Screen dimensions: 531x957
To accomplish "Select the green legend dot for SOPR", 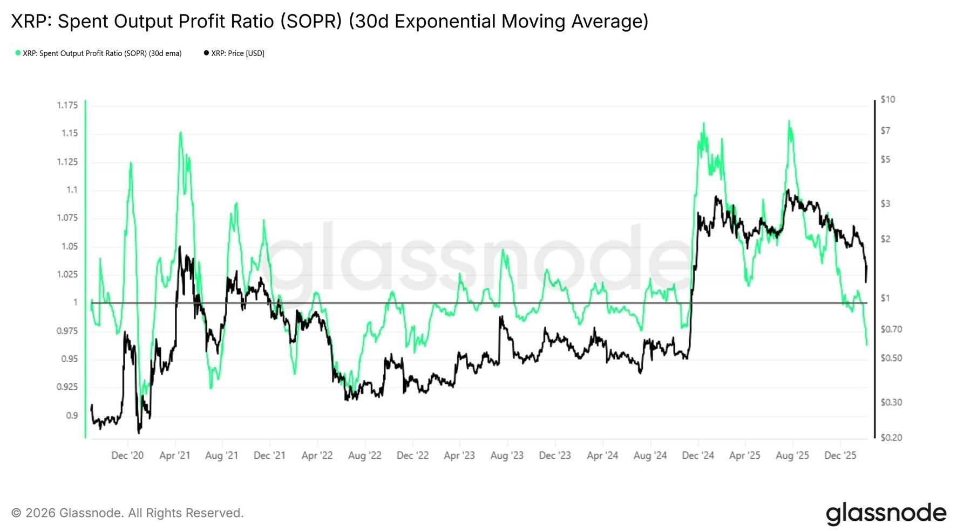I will point(18,53).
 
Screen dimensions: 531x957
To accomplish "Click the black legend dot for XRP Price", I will point(206,53).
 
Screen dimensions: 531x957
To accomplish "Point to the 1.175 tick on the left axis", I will point(67,105).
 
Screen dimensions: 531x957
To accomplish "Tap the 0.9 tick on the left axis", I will point(72,415).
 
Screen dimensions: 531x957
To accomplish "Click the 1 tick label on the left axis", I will point(76,302).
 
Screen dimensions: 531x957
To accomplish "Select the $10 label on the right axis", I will point(887,99).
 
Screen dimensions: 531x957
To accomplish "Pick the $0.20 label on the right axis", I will point(891,437).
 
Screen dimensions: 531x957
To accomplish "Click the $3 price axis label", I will point(886,204).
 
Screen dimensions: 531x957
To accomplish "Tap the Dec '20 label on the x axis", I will point(127,456).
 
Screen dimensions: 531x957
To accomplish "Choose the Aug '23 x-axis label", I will point(507,456).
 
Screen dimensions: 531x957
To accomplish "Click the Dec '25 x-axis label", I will point(840,456).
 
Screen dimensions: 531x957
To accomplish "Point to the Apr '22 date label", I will point(317,456).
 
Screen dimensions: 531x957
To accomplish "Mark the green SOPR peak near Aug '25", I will point(789,121).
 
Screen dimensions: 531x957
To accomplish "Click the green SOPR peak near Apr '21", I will point(180,132).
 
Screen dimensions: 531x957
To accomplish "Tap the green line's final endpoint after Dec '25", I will point(867,344).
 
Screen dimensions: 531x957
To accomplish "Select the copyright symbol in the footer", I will point(16,513).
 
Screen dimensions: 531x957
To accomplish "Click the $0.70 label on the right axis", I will point(891,329).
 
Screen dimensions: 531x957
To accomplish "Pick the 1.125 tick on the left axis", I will point(67,162).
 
